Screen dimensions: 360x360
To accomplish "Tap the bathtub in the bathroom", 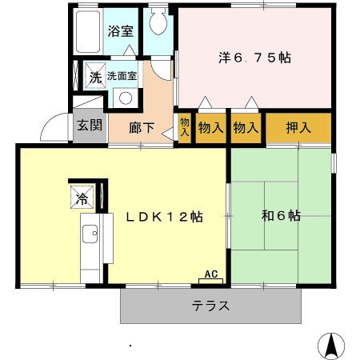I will point(89,31).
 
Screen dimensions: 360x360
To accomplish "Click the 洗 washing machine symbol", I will point(95,78).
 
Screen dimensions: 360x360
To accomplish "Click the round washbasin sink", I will point(124,98).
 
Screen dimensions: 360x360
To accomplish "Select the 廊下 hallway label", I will point(142,126).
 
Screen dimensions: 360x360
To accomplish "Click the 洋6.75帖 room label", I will point(255,58).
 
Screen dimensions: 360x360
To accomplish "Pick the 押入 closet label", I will point(298,126).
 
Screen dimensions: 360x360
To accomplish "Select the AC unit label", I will point(212,274).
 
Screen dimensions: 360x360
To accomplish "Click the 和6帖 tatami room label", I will point(281,215).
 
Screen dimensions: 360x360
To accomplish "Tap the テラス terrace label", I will point(211,305).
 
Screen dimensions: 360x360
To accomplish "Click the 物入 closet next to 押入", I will point(246,126).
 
